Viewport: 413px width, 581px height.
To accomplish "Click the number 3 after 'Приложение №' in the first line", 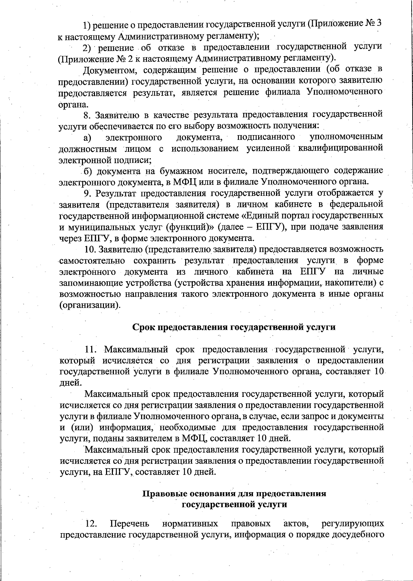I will click(x=379, y=24).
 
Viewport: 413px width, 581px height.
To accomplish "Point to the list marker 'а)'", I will click(x=87, y=138).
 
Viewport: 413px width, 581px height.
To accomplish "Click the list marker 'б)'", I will click(x=89, y=171).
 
